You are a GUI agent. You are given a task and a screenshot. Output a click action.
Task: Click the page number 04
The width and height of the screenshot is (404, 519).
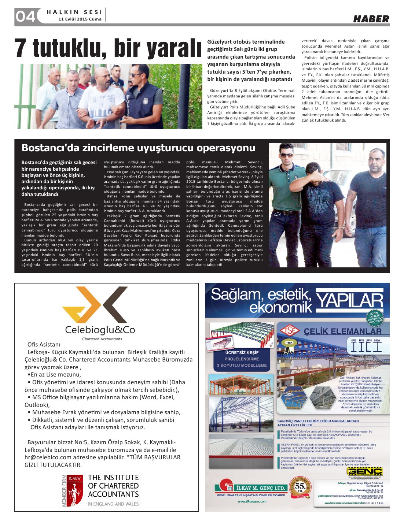(x=25, y=16)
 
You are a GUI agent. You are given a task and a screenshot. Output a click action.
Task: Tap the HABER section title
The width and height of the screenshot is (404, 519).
(x=371, y=19)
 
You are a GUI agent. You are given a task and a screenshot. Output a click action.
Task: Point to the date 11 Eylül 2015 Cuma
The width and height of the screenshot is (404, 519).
(x=80, y=19)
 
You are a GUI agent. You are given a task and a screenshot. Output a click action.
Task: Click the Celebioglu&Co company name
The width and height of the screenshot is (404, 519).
(x=100, y=330)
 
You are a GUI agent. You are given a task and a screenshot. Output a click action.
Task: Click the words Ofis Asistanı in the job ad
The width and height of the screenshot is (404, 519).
(x=44, y=344)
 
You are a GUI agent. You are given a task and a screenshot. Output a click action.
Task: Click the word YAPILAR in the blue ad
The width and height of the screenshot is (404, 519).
(x=349, y=301)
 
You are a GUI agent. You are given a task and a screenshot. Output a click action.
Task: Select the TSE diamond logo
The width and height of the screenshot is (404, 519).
(x=290, y=331)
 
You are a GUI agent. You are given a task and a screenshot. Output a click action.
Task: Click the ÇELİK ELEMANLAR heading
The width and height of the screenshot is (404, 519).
(x=342, y=331)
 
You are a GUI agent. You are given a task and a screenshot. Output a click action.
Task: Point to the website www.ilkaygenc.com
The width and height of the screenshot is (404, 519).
(x=252, y=501)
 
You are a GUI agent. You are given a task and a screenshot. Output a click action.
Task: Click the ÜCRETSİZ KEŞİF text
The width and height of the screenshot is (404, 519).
(x=242, y=352)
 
